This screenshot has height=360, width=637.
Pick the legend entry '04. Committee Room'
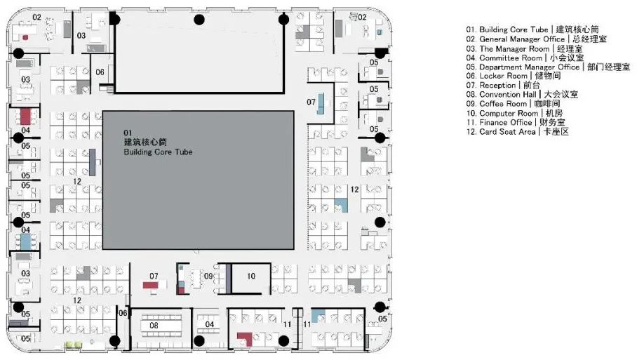tap(519, 58)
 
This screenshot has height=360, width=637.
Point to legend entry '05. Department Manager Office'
tap(538, 67)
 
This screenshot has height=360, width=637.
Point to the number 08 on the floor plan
tap(154, 326)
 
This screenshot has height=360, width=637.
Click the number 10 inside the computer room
tap(250, 276)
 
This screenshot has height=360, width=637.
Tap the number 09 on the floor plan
tap(208, 276)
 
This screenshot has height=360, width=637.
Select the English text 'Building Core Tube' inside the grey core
tap(158, 152)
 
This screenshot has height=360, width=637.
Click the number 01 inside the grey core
tap(128, 133)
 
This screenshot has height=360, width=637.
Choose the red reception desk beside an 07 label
tap(152, 285)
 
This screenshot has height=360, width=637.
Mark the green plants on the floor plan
tap(74, 344)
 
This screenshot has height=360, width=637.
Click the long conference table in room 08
tap(163, 325)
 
